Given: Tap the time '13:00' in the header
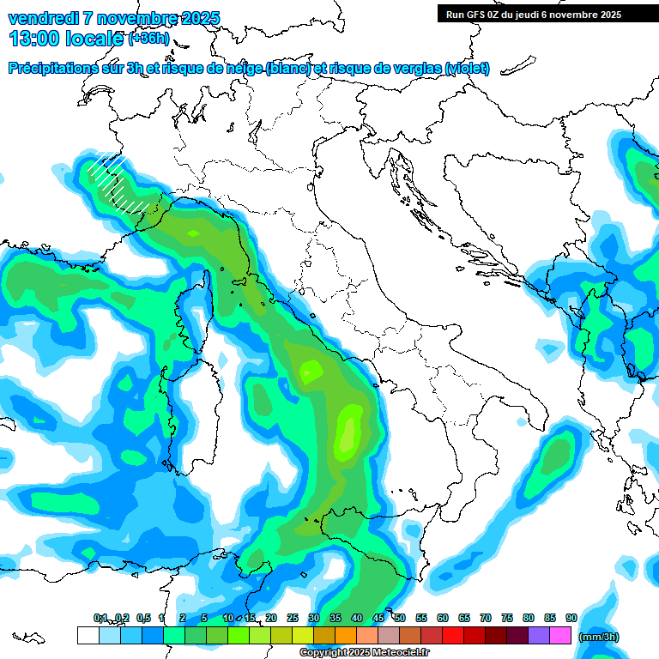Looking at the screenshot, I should (36, 38).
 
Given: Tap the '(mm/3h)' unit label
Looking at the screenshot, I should (598, 636).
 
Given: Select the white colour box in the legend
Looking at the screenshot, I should (88, 636).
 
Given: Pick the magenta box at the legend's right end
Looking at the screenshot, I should (561, 636).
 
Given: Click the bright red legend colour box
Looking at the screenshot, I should (454, 636).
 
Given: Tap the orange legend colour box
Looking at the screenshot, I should (346, 636).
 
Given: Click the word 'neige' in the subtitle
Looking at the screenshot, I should (244, 68).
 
